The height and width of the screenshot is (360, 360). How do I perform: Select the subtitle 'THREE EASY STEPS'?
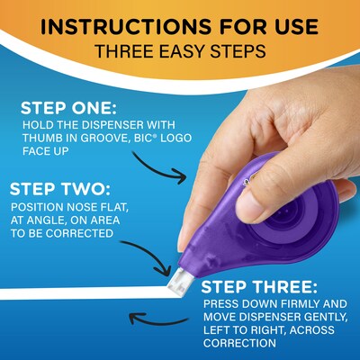(180, 49)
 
